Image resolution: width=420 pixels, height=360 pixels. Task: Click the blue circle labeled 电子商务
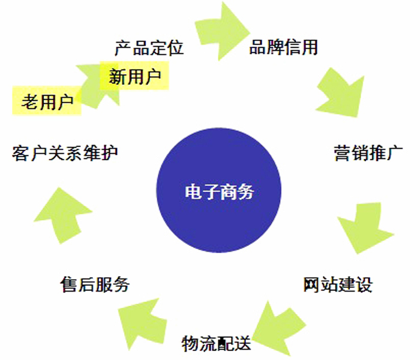coord(218,190)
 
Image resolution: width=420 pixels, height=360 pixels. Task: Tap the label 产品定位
coord(149,48)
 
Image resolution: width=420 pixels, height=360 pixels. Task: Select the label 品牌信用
coord(283,47)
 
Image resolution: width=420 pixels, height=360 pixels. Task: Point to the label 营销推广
coord(368,153)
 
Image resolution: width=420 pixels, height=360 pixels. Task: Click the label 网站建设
coord(338,284)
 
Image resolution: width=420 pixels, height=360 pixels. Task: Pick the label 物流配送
coord(216,343)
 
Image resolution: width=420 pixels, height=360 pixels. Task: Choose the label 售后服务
coord(95,284)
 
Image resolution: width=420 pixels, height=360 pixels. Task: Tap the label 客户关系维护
coord(65,153)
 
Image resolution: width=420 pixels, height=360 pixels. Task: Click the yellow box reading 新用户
coord(134,76)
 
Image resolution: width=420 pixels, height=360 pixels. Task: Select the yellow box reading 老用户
coord(47,101)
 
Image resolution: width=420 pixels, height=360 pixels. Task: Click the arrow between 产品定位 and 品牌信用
coord(221,31)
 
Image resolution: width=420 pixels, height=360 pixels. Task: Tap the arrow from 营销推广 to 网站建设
coord(365,227)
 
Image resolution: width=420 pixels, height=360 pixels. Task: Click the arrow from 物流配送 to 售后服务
coord(142,323)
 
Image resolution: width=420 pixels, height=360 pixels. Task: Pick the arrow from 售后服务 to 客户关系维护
coord(63,215)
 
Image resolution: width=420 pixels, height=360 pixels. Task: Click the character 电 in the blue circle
coord(193,191)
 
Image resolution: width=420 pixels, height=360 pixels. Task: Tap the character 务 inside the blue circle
coord(245,191)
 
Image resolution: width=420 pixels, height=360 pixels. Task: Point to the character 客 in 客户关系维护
coord(20,153)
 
